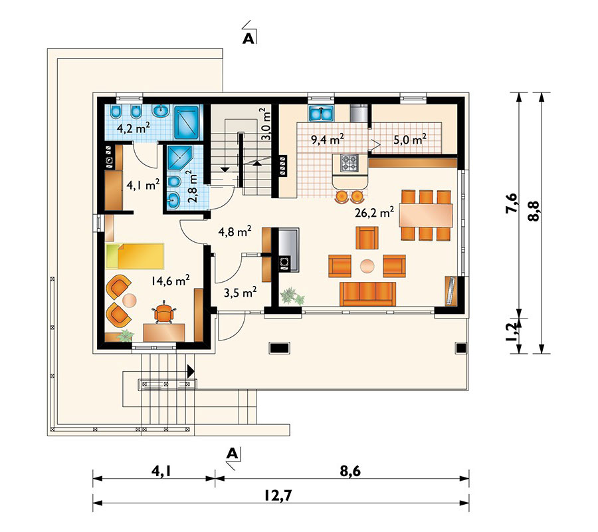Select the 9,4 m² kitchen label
[327, 139]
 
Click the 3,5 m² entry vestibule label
[239, 291]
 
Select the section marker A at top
[248, 38]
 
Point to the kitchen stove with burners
[349, 162]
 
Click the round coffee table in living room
[367, 265]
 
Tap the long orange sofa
[367, 293]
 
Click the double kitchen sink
[322, 113]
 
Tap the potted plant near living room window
[291, 297]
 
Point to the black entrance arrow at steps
[191, 372]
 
